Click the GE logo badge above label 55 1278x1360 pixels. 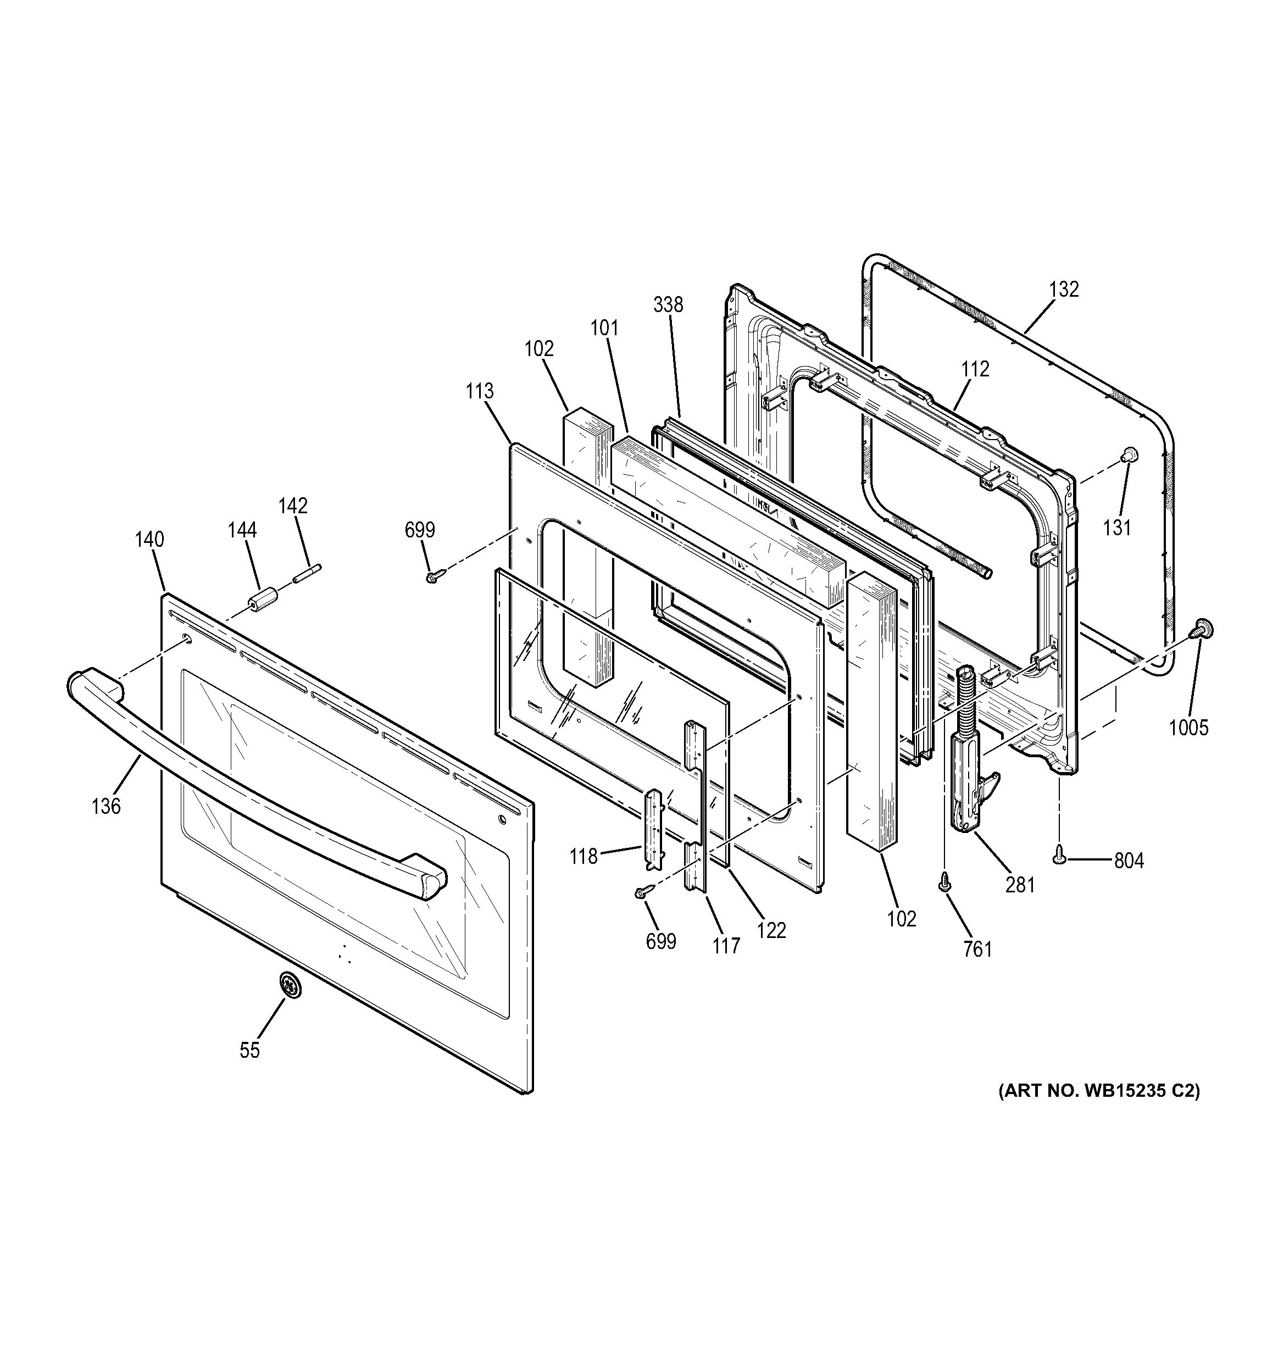tap(290, 986)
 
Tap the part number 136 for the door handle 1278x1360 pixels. tap(106, 807)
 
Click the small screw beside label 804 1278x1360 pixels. tap(1060, 852)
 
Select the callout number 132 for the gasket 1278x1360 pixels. tap(1063, 290)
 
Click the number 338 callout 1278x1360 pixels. tap(668, 304)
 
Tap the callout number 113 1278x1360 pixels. tap(480, 391)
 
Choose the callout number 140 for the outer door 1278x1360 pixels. tap(149, 540)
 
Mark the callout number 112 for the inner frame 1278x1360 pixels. tap(974, 369)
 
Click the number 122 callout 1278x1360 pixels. tap(772, 930)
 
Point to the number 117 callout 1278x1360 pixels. tap(726, 946)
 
